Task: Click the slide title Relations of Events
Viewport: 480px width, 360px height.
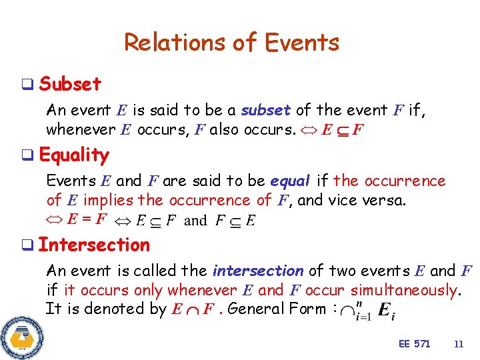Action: click(x=231, y=43)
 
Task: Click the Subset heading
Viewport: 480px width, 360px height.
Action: click(x=70, y=84)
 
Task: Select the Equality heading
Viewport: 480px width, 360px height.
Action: click(x=74, y=155)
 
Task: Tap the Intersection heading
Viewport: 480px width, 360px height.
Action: click(x=94, y=245)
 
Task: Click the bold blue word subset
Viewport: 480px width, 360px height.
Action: click(x=266, y=110)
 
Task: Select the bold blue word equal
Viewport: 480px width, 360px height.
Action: click(x=291, y=181)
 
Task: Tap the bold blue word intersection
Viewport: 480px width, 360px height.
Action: click(x=257, y=271)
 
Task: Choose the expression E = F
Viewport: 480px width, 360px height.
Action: click(x=87, y=218)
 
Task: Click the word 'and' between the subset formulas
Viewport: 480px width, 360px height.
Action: click(x=195, y=220)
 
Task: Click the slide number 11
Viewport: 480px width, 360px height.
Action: click(x=458, y=344)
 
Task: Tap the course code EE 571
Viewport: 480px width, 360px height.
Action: click(x=414, y=344)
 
